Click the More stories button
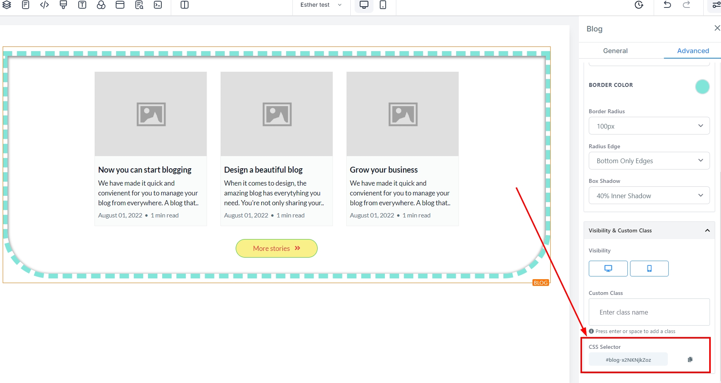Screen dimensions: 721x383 276,249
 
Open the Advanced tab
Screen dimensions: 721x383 693,51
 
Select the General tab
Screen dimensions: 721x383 615,51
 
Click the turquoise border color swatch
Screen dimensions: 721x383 702,87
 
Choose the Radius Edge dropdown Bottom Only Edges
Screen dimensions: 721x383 649,161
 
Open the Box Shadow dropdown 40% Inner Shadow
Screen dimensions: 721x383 649,195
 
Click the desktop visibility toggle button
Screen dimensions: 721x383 608,269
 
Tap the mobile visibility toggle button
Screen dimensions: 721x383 649,269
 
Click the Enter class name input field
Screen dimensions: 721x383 649,312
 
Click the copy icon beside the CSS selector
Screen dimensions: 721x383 690,359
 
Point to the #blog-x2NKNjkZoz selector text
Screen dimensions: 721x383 628,360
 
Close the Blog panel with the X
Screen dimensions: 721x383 717,28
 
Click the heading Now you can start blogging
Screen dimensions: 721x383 145,170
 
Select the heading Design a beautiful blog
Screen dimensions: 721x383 263,170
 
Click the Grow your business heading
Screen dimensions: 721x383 384,170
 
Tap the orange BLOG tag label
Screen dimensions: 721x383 540,283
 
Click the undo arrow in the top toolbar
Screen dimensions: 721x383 667,5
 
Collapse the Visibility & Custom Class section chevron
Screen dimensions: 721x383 707,230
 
